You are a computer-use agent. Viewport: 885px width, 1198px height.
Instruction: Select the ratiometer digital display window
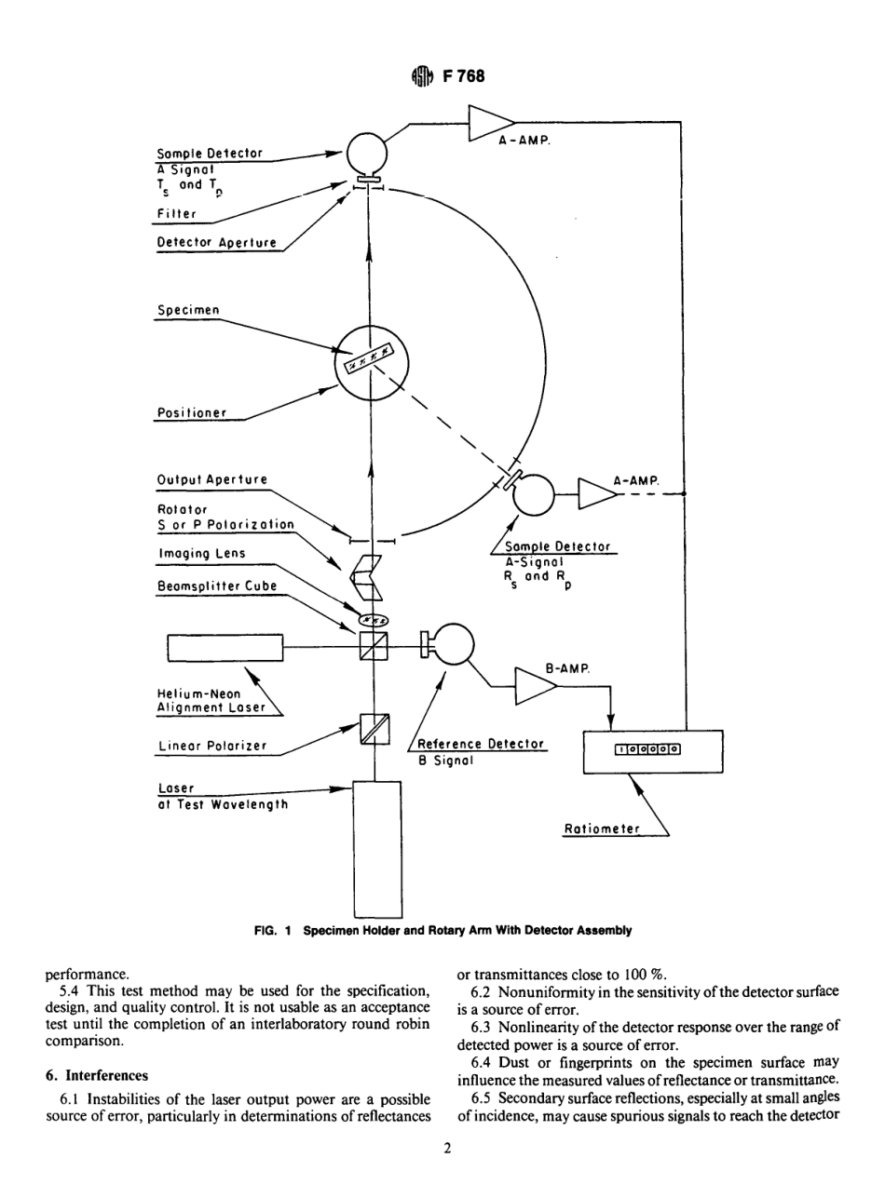click(647, 747)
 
